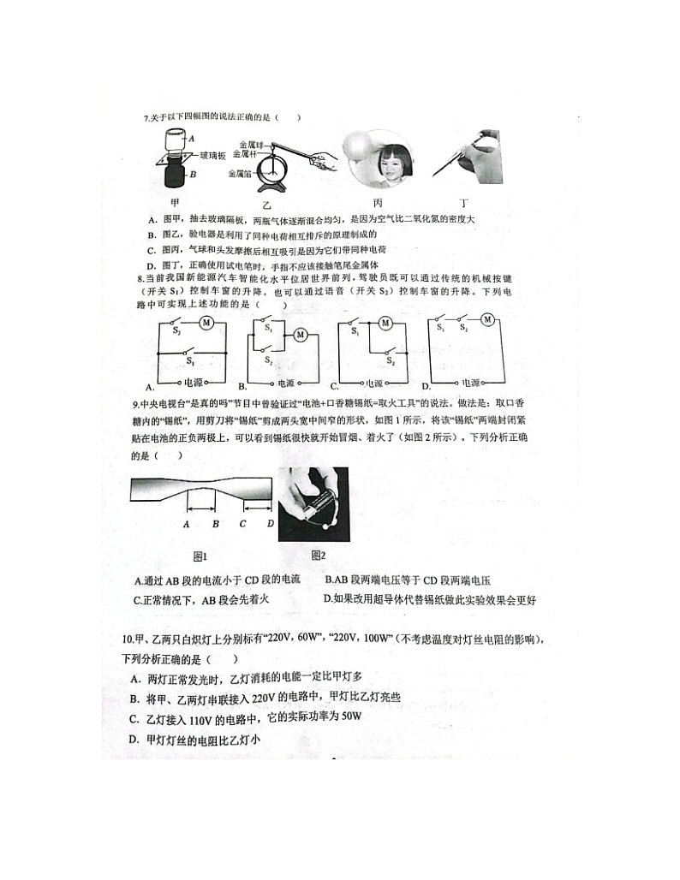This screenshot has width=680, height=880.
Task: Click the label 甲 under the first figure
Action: click(x=175, y=202)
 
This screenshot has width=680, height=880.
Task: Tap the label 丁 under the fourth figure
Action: click(x=463, y=203)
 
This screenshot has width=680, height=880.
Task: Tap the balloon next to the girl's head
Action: click(x=355, y=146)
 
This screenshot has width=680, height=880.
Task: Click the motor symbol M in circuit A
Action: click(x=206, y=323)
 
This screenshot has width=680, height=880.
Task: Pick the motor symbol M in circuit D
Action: click(x=487, y=319)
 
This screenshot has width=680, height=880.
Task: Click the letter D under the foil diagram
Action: click(x=271, y=524)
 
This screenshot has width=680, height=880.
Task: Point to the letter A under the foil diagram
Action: click(x=186, y=524)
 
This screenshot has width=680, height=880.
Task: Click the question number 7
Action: click(x=146, y=118)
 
